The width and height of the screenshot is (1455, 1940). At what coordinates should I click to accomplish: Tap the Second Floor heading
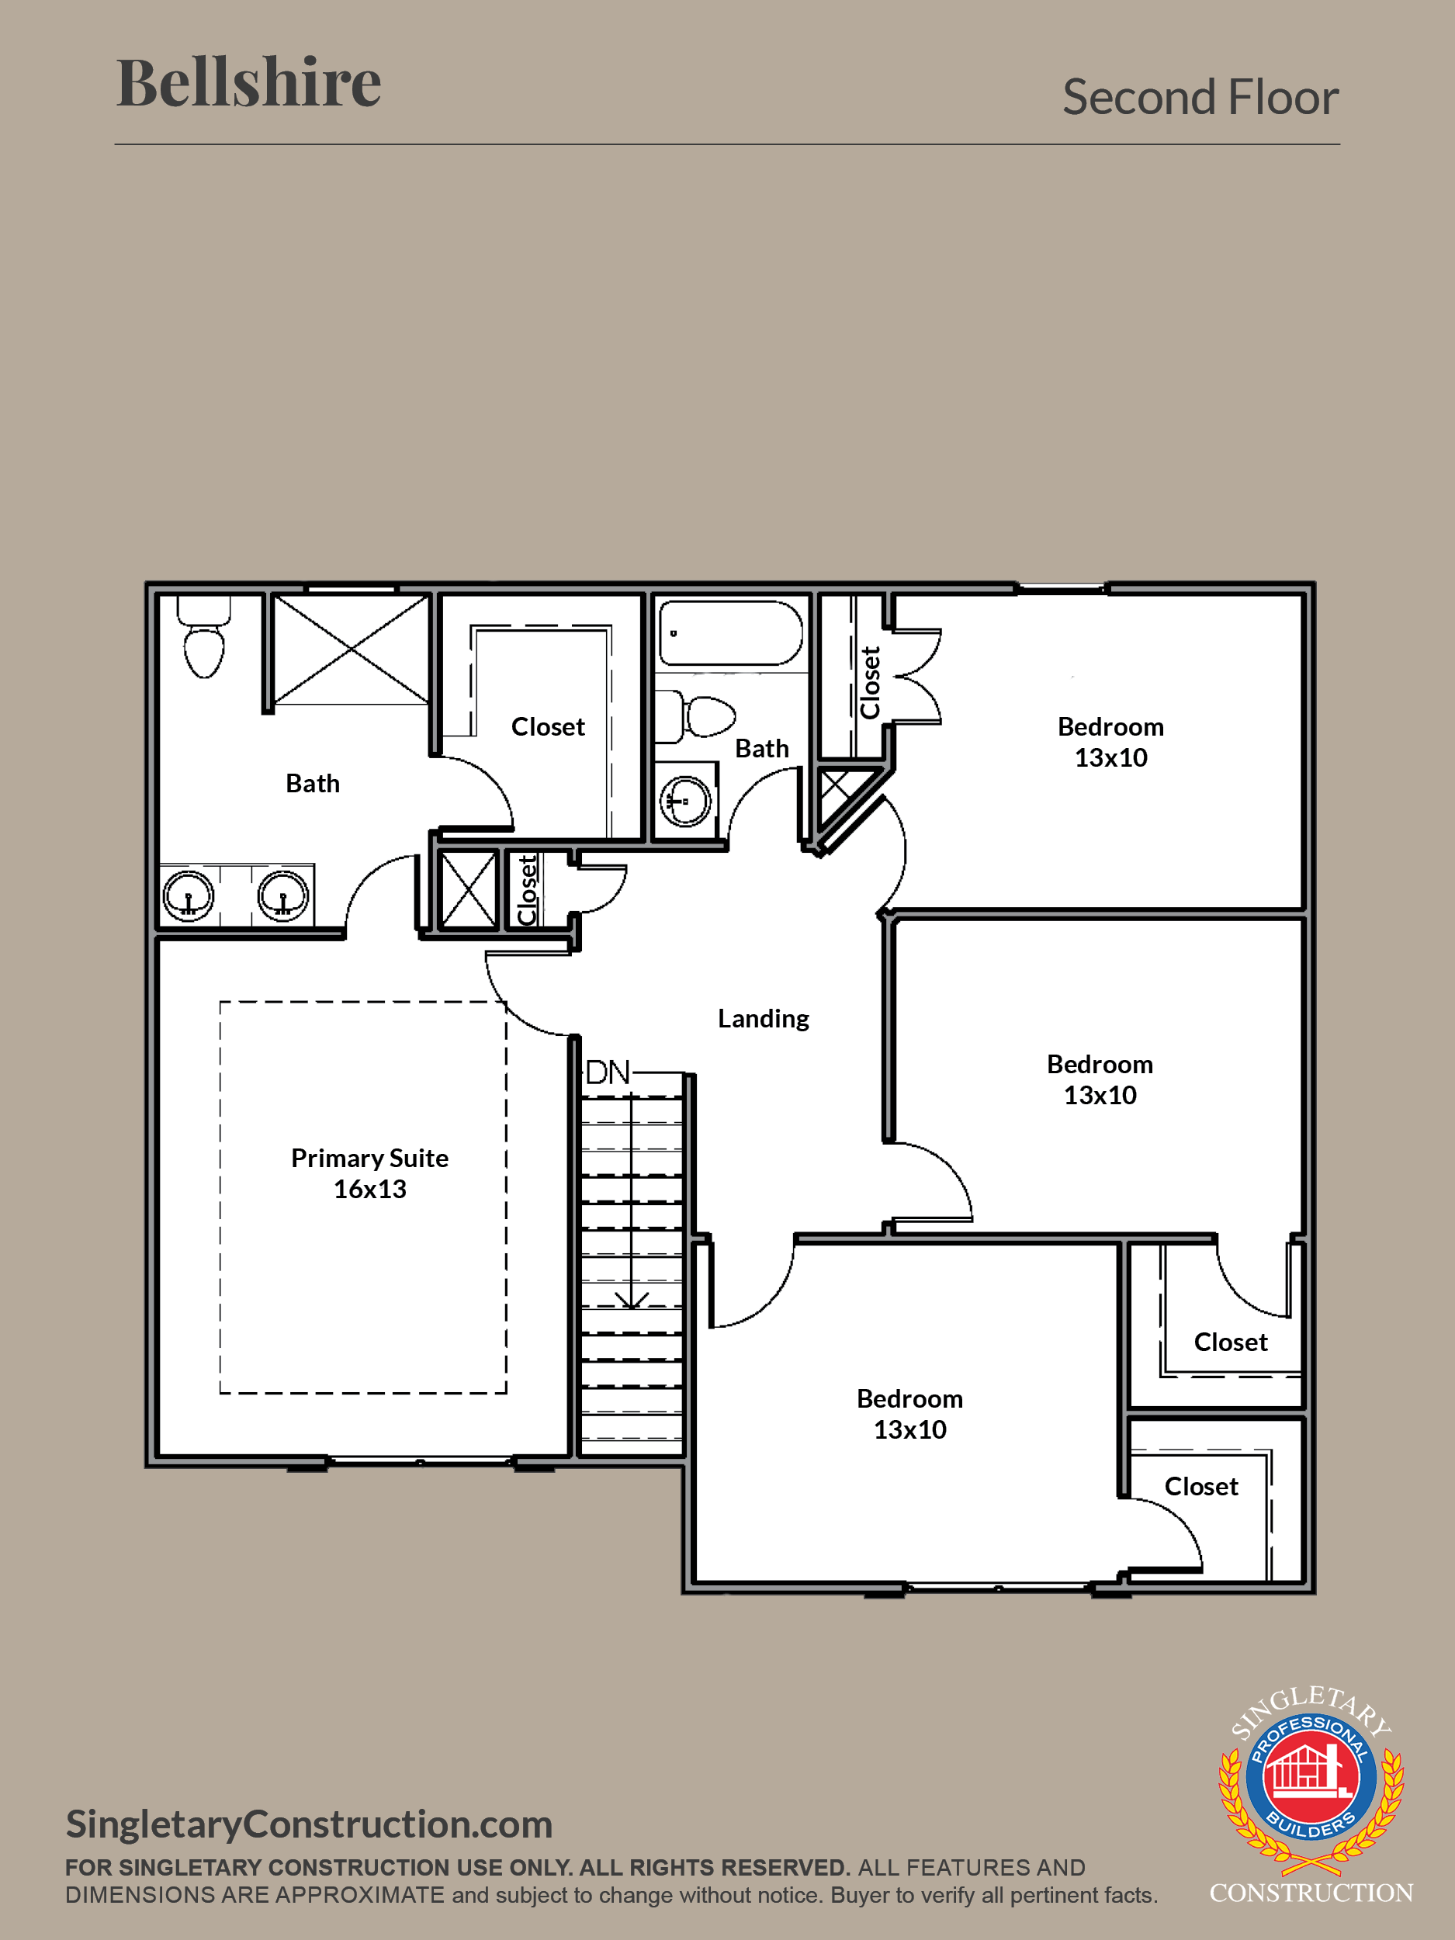1200,96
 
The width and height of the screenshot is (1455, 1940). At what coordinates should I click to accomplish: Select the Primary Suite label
369,1159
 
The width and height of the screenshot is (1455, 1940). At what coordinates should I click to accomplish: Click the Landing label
763,1018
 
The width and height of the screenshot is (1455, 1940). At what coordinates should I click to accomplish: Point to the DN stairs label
608,1072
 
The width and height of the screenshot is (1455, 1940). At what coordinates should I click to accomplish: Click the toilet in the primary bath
204,637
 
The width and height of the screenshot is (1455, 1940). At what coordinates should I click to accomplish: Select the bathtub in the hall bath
730,633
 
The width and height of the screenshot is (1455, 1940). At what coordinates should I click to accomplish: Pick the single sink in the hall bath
685,801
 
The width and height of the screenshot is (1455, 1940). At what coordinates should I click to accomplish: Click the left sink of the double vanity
189,896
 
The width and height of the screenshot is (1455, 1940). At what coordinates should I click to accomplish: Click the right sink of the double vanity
282,896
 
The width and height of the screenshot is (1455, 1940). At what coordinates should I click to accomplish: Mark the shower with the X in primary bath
351,649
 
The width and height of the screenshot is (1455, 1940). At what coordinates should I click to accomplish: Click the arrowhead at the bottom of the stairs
632,1300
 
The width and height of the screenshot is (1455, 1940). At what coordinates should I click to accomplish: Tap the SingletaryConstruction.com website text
310,1824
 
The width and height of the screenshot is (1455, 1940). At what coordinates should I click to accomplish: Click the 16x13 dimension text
370,1190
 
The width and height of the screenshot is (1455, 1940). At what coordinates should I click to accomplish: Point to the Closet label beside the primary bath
548,726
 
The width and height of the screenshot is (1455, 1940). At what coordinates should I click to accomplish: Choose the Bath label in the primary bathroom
313,783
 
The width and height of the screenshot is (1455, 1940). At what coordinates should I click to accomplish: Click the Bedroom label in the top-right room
1111,726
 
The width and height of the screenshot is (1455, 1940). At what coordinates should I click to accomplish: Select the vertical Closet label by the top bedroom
870,683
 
